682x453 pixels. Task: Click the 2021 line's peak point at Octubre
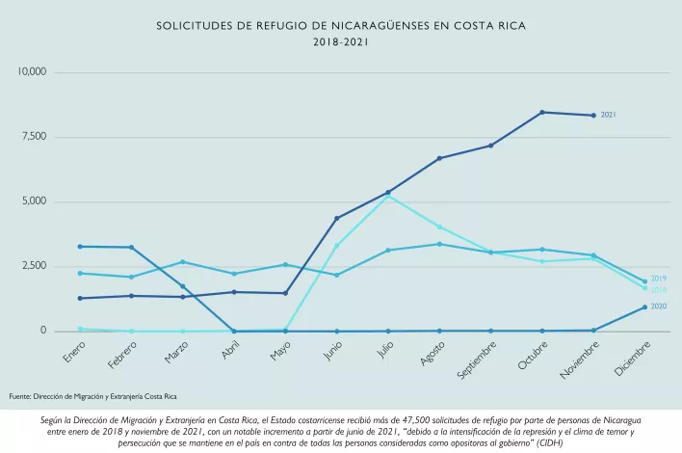point(542,113)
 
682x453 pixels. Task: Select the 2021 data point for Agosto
point(439,158)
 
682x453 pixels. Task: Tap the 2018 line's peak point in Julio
point(387,197)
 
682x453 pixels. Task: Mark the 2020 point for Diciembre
point(644,307)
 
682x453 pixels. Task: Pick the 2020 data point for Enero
point(80,247)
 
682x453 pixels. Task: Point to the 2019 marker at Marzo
point(182,262)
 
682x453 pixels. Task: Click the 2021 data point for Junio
point(336,219)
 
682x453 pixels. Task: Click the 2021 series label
point(608,116)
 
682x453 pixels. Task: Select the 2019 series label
point(659,279)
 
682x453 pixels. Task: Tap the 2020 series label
point(659,306)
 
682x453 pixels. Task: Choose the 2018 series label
point(659,290)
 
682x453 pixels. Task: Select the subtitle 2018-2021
point(340,42)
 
